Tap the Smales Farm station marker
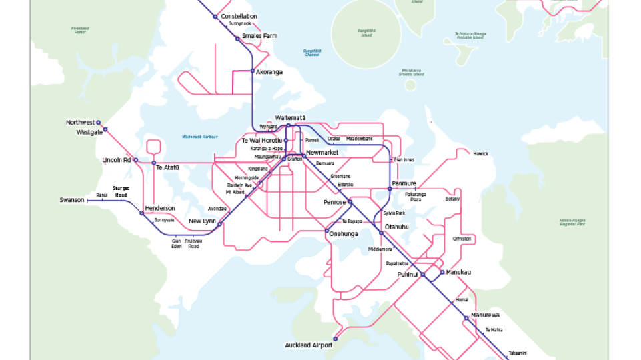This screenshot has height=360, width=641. pyautogui.click(x=237, y=39)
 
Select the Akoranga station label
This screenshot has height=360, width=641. pyautogui.click(x=269, y=71)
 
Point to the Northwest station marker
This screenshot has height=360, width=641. pyautogui.click(x=98, y=123)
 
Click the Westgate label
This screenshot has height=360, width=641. pyautogui.click(x=89, y=132)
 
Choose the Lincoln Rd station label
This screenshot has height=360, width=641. pyautogui.click(x=116, y=160)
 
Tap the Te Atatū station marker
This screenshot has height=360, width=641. pyautogui.click(x=153, y=163)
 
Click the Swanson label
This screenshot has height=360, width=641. pyautogui.click(x=72, y=200)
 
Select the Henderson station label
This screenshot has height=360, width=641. pyautogui.click(x=159, y=208)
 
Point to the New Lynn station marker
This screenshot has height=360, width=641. pyautogui.click(x=219, y=225)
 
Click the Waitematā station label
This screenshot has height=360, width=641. pyautogui.click(x=290, y=117)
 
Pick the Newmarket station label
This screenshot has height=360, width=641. pyautogui.click(x=322, y=153)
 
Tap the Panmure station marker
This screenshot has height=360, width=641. pyautogui.click(x=390, y=189)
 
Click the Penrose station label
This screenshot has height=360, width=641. pyautogui.click(x=334, y=202)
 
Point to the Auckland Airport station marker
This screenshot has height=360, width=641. pyautogui.click(x=336, y=339)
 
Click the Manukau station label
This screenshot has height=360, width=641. pyautogui.click(x=459, y=272)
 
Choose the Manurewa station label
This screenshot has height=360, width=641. pyautogui.click(x=485, y=315)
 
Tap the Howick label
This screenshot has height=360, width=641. pyautogui.click(x=480, y=153)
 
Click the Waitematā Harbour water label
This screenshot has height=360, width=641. pyautogui.click(x=200, y=137)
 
